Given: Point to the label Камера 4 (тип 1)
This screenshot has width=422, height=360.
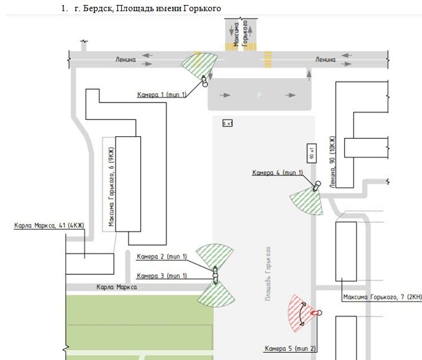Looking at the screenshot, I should click(x=277, y=172).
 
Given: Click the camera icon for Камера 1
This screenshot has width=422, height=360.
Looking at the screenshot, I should click(x=203, y=81).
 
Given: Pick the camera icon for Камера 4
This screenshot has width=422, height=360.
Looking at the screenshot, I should click(x=316, y=185).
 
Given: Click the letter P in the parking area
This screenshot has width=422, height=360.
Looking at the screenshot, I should click(x=260, y=95).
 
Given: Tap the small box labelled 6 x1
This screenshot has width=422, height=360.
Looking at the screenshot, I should click(x=227, y=124).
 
